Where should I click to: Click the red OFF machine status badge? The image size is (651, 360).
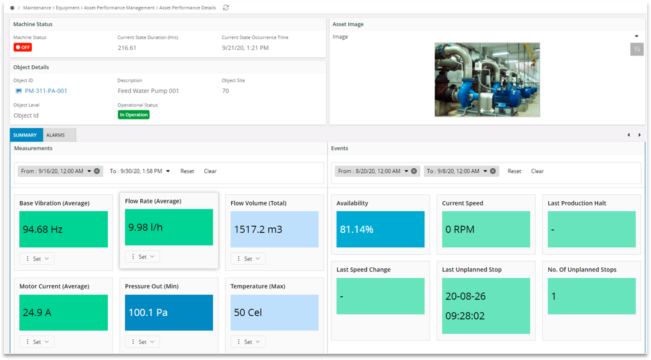pos(22,47)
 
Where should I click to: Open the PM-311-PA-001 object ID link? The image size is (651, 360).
pos(45,91)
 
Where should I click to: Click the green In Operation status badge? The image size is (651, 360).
pos(133,115)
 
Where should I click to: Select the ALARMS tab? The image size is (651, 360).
pos(55,135)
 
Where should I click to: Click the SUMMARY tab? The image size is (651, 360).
pos(25,135)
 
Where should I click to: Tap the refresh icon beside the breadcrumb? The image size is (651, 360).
pos(226,7)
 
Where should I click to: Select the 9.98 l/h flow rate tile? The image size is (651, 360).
pos(169,227)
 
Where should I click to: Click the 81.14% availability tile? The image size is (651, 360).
pos(380,229)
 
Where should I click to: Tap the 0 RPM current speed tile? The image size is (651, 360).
pos(486,229)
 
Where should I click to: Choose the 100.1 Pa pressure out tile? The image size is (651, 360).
pos(169,313)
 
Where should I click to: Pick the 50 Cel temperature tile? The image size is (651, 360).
pos(274,313)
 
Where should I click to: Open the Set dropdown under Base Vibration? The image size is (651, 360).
pos(37,258)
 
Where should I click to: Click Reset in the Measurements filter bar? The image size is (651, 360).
pos(187,171)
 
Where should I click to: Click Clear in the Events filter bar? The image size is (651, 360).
pos(537,171)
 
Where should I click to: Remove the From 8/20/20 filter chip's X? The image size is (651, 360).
pos(414,171)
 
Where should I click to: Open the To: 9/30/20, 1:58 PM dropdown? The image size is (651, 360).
pos(167,171)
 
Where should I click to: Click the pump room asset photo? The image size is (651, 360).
pos(487,80)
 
